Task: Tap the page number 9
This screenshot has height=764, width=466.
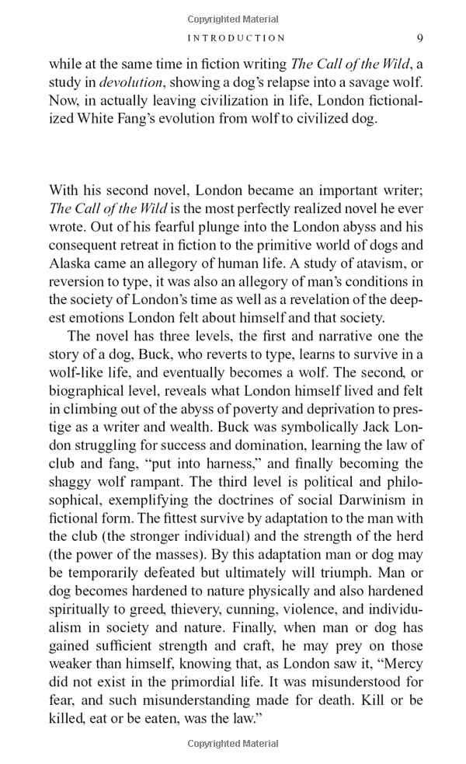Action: [419, 38]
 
